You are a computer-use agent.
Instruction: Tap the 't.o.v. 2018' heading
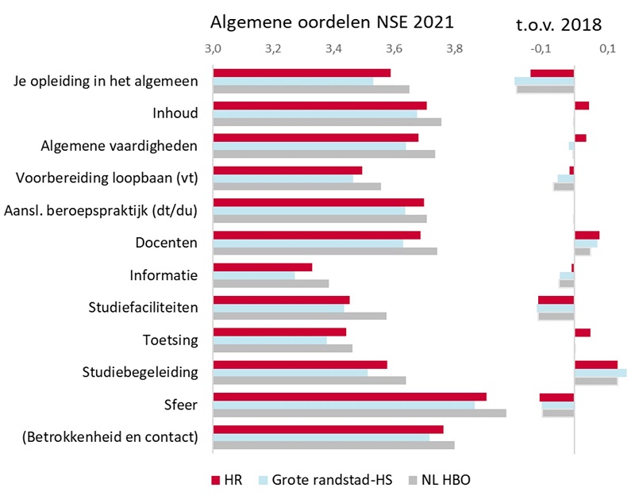pyautogui.click(x=559, y=23)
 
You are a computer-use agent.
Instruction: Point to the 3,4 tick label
pyautogui.click(x=334, y=49)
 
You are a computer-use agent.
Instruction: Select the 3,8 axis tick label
pyautogui.click(x=455, y=49)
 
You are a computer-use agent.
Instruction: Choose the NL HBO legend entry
pyautogui.click(x=439, y=480)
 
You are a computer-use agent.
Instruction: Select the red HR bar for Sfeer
pyautogui.click(x=349, y=397)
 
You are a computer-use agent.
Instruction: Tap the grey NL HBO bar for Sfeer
pyautogui.click(x=359, y=413)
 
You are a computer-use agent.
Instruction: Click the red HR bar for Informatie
pyautogui.click(x=262, y=267)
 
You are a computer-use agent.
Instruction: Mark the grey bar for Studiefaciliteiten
pyautogui.click(x=299, y=316)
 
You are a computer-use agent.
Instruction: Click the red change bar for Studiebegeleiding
pyautogui.click(x=595, y=364)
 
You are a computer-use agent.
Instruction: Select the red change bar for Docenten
pyautogui.click(x=587, y=235)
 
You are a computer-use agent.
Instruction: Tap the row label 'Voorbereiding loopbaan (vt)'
pyautogui.click(x=106, y=176)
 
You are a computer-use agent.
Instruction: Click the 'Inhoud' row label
pyautogui.click(x=175, y=113)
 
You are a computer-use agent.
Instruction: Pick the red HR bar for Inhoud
pyautogui.click(x=319, y=106)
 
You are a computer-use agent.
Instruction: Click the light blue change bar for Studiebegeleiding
pyautogui.click(x=600, y=373)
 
